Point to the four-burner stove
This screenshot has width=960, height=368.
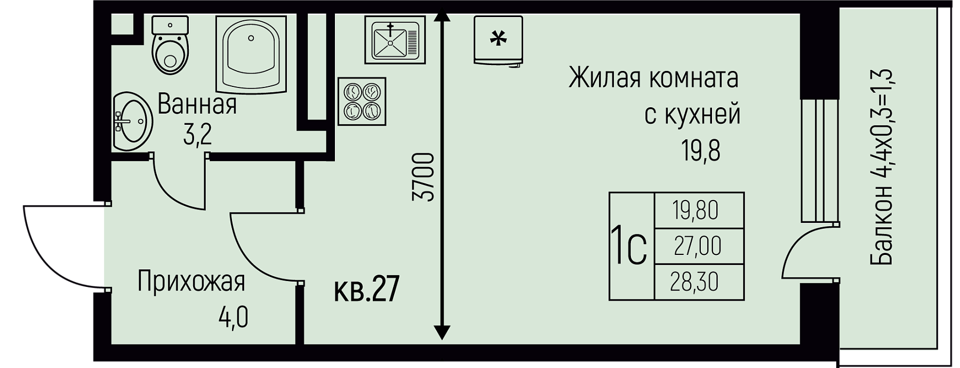tap(362, 102)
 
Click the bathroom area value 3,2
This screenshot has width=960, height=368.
tap(197, 135)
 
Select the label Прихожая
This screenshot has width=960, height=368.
tap(191, 282)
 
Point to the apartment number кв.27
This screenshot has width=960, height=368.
tap(366, 290)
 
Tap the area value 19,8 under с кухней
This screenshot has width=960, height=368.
tap(700, 151)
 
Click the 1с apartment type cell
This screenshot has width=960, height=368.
tap(630, 246)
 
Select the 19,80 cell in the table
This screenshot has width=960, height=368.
tap(699, 210)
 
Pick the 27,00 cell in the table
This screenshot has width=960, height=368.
tap(699, 246)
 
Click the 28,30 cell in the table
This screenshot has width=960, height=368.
tap(699, 282)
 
